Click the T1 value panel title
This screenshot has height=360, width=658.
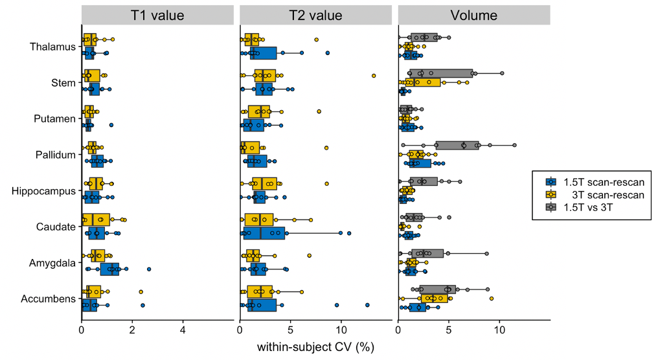tap(157, 15)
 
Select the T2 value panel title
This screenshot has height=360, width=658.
tap(315, 15)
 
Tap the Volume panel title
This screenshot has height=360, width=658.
tap(473, 15)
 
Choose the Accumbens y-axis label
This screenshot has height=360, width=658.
tap(49, 299)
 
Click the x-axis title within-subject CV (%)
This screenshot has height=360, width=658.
tap(315, 348)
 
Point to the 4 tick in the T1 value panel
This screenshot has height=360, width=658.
tap(183, 330)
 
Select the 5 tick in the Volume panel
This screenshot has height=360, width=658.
tap(449, 330)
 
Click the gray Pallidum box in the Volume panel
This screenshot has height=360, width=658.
tap(457, 145)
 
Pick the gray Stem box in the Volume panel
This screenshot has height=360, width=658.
tap(440, 73)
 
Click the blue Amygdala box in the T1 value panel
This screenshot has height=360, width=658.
tap(109, 269)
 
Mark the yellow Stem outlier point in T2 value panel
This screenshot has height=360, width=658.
tap(374, 76)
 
